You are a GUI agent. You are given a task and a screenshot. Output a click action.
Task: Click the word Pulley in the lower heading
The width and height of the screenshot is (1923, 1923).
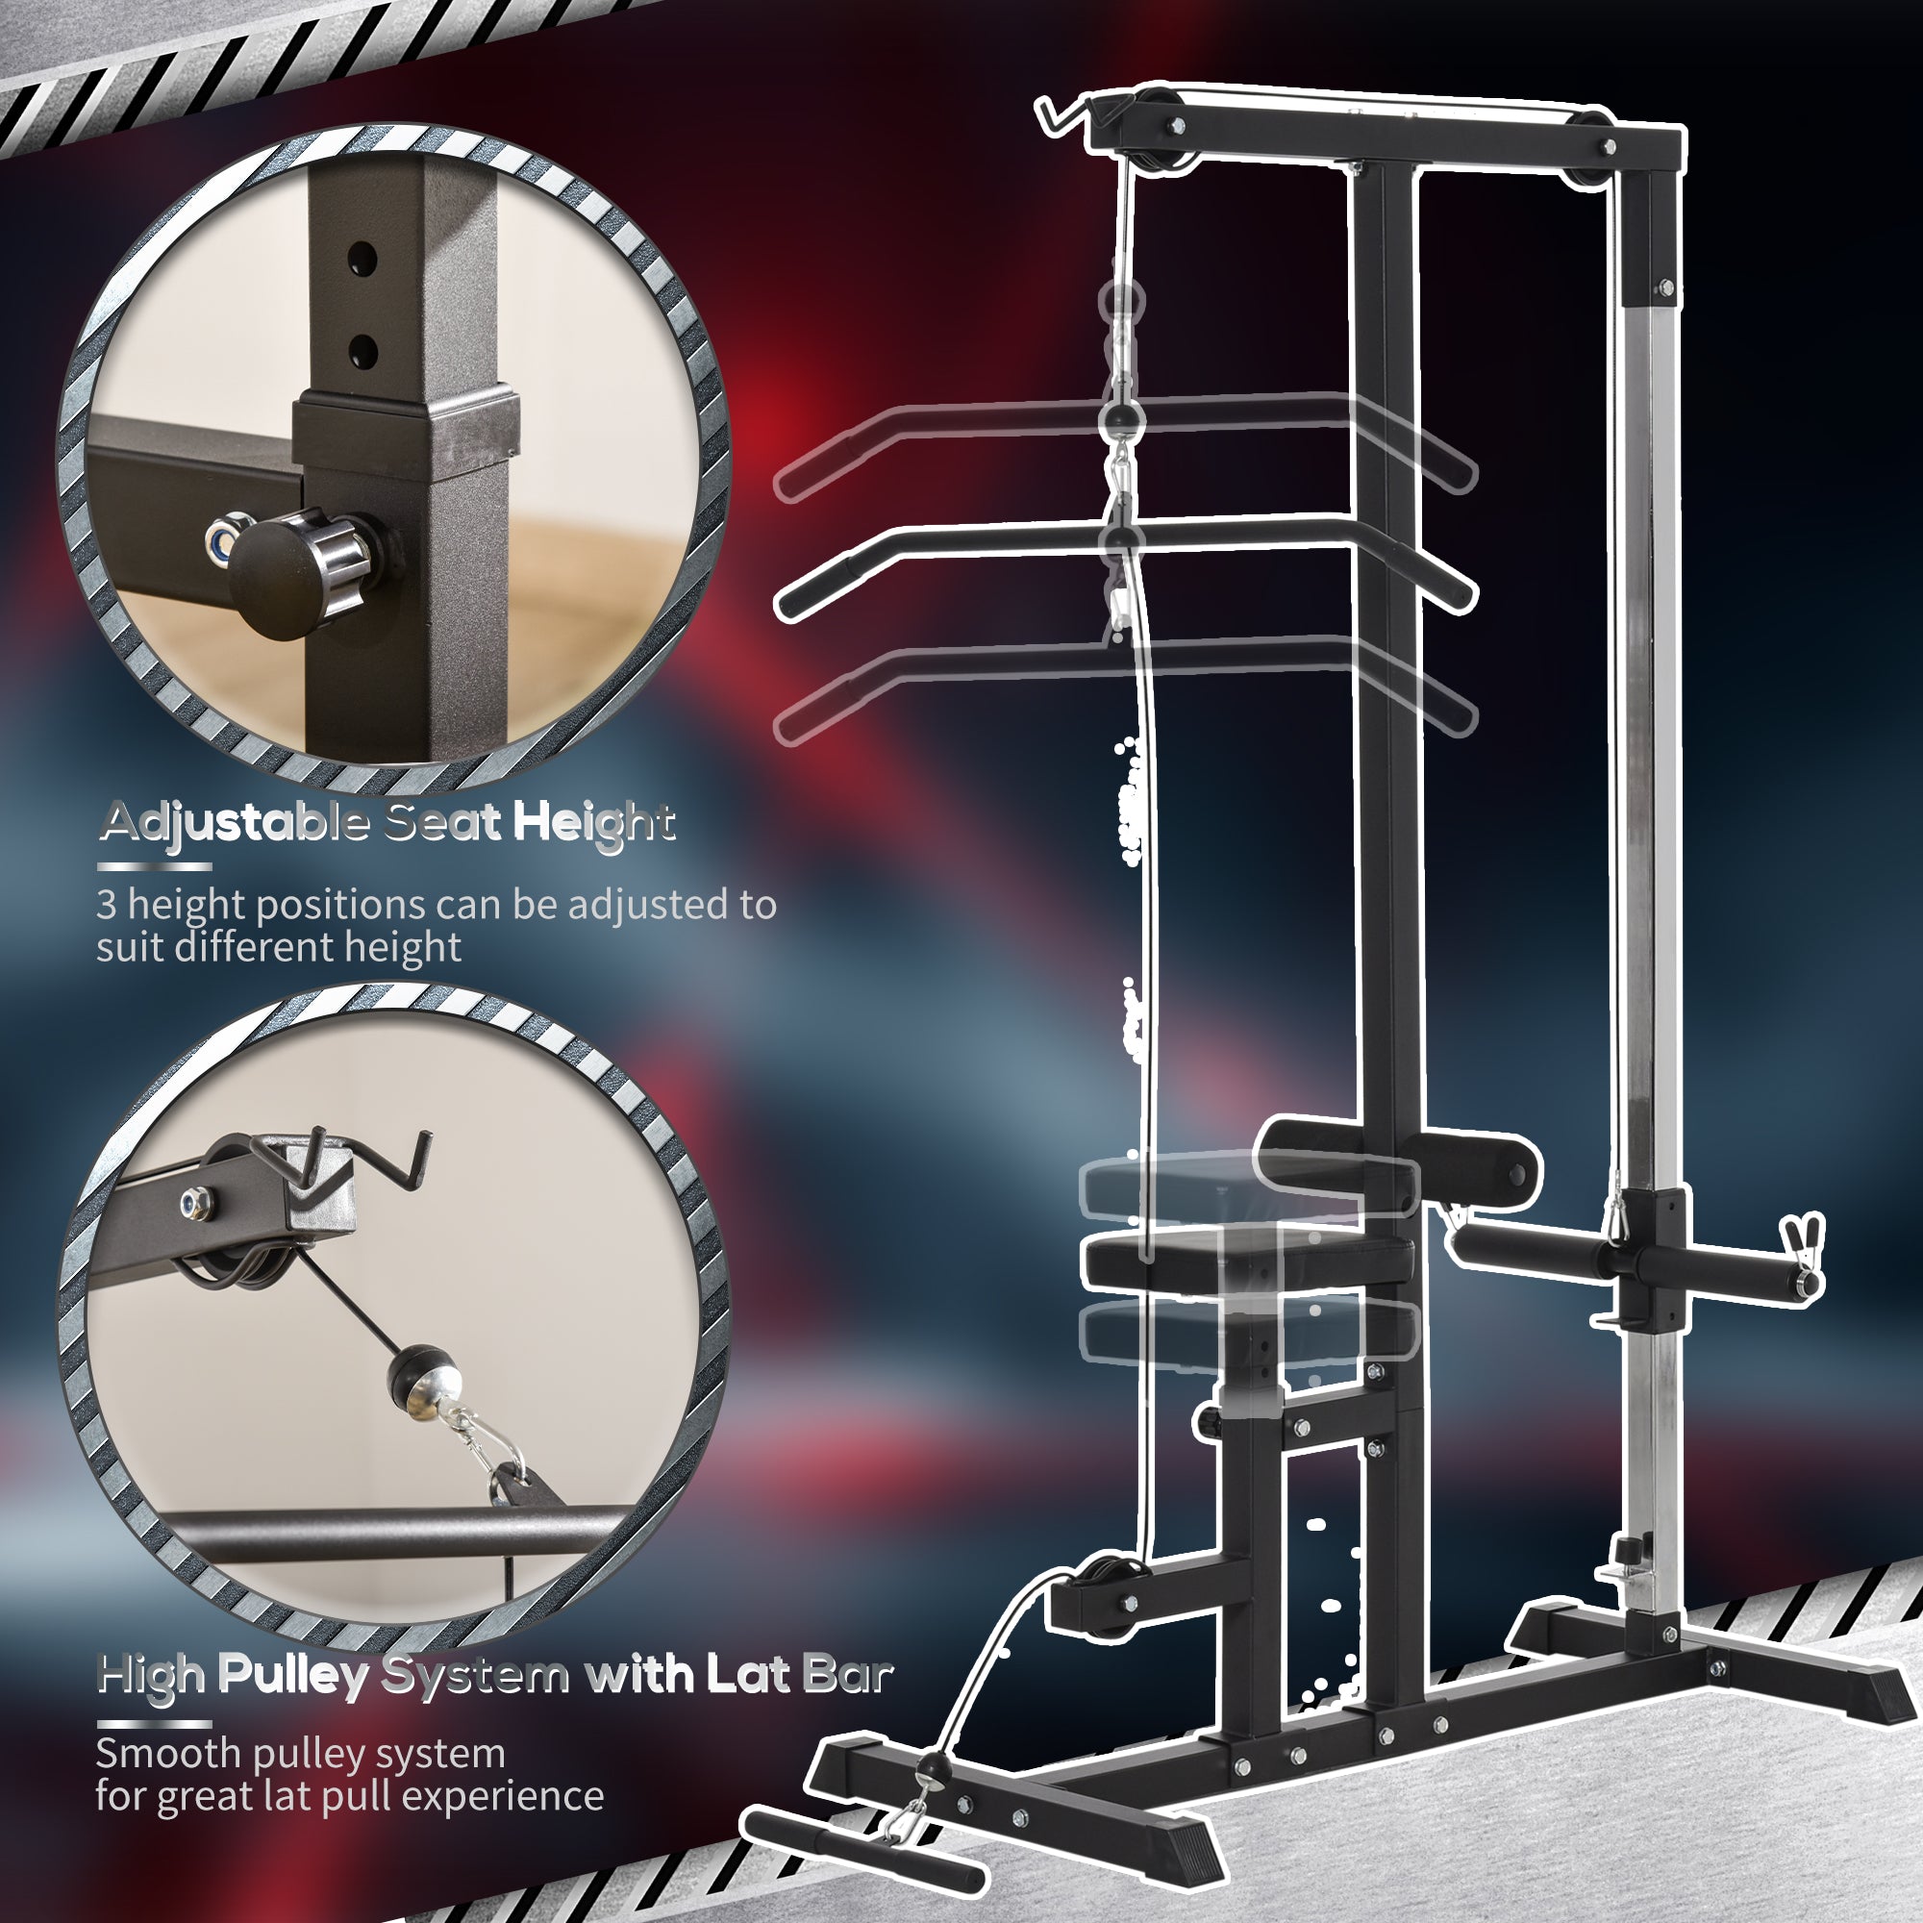(290, 1674)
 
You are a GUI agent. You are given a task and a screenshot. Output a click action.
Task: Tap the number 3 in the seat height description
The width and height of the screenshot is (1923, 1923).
(107, 904)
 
